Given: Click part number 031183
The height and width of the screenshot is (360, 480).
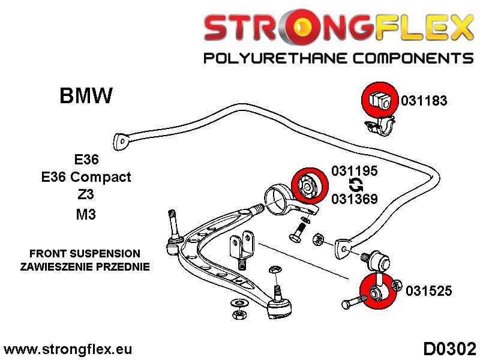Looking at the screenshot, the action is coord(424,100).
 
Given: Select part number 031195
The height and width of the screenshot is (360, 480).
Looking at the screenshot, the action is coord(355,171).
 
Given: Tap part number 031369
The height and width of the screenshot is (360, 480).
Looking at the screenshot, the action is coord(355,199).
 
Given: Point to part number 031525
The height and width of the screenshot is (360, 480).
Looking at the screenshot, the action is coord(428,291).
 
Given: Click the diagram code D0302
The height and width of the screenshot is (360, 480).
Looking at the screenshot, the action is coord(450,349).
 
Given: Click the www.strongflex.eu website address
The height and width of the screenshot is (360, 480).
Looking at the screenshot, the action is coord(68,349).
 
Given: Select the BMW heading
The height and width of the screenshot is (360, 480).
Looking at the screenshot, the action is coord(86,95).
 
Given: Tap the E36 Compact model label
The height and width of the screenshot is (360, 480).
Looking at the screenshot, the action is coord(86,177).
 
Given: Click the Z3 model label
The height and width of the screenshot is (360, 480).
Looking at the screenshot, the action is coord(86,194).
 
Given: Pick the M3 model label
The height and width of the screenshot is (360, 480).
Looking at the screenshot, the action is coord(86,214).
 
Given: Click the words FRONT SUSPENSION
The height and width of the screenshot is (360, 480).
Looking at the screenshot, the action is coord(85,253).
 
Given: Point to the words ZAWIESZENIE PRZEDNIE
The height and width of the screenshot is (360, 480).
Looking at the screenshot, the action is coord(85,266).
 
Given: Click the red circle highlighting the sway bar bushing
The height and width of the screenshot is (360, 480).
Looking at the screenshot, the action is coord(380,100).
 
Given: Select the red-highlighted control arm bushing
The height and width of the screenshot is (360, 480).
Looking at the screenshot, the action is coord(309,185).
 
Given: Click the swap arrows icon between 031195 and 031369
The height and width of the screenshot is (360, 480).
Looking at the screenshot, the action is coord(356,185).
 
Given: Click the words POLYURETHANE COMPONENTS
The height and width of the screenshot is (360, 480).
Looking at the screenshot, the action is coord(338,58).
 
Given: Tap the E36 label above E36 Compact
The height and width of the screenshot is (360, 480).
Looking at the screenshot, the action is coord(86,160).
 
